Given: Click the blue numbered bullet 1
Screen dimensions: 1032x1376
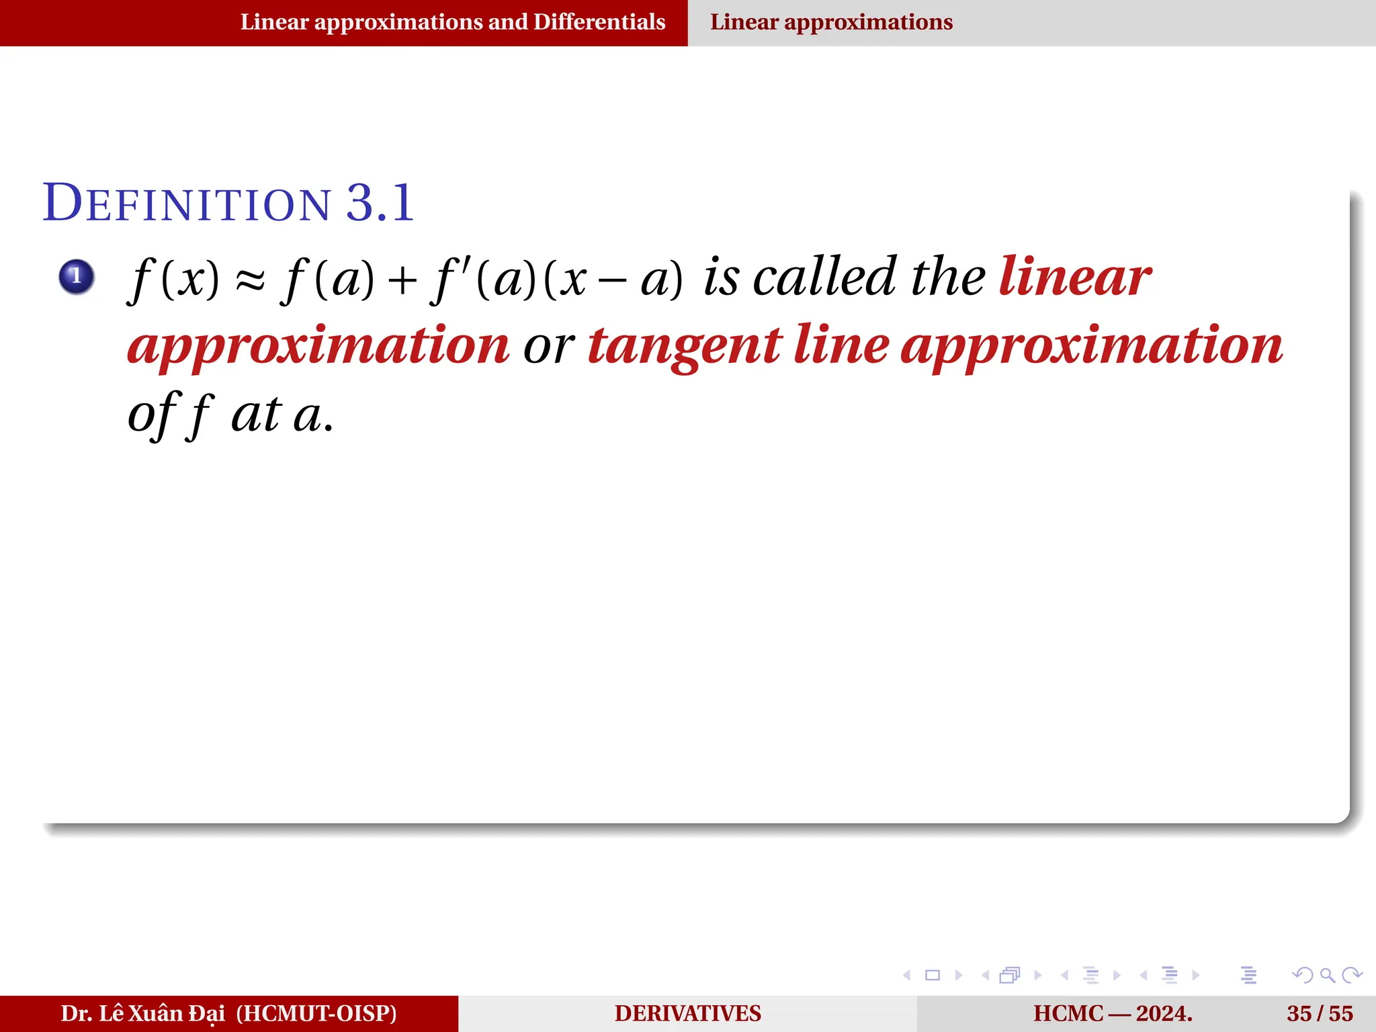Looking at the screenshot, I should click(76, 276).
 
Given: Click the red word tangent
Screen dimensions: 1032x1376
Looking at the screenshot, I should click(685, 346).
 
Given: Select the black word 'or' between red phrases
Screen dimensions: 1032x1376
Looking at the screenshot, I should click(548, 347).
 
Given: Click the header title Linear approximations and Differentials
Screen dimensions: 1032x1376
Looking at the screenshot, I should click(453, 22).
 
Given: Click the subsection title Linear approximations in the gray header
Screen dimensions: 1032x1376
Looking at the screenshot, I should click(831, 22).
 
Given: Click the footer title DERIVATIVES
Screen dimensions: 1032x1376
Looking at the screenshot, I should click(687, 1013).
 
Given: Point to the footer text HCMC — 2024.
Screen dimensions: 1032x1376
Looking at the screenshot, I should click(1113, 1013).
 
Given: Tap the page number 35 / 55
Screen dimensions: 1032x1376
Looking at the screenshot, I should click(1320, 1013).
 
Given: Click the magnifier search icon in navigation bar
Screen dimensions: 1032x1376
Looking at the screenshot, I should click(1327, 975).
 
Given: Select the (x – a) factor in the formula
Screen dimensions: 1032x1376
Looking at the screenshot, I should click(612, 279).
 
